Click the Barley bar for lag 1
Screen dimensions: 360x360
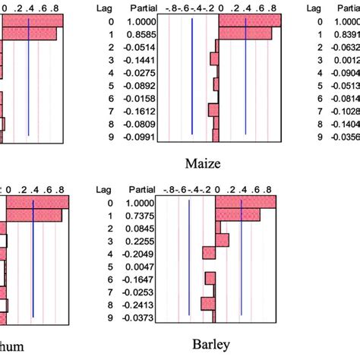(238, 216)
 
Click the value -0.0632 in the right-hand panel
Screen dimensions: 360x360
(346, 48)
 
